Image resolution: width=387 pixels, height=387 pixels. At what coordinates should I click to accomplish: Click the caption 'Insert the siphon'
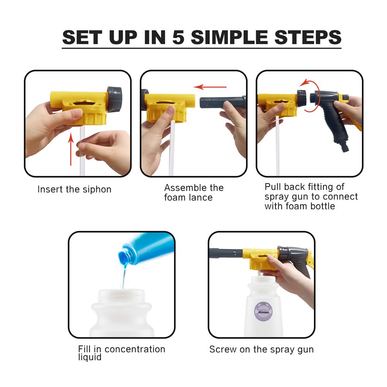74,190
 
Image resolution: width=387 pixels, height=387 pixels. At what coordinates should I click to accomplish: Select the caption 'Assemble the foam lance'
193,192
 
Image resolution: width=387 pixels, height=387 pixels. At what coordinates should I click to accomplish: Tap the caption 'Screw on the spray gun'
261,349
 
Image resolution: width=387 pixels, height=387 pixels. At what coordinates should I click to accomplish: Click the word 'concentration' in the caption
135,349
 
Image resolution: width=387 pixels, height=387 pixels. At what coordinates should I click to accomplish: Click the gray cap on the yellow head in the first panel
114,99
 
